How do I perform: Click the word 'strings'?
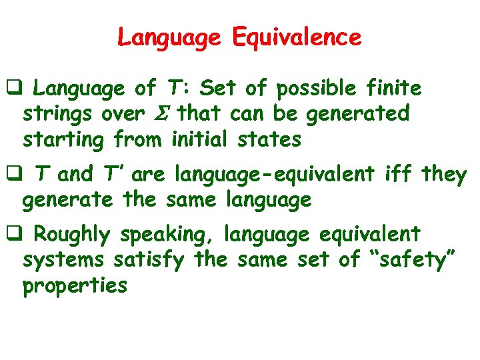(x=59, y=114)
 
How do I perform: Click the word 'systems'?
(x=63, y=260)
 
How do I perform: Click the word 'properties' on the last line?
(x=74, y=287)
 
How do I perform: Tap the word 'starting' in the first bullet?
(x=64, y=140)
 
